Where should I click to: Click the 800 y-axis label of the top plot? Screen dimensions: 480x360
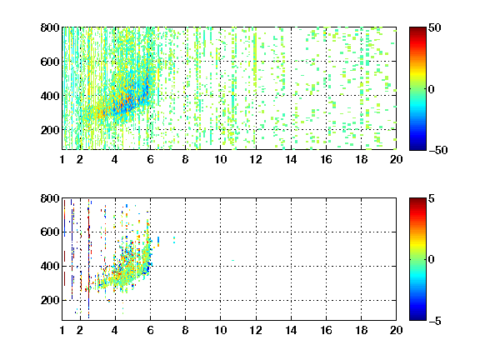(x=50, y=27)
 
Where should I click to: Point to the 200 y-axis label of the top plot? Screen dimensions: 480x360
(x=50, y=130)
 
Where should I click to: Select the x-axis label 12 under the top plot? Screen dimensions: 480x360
(x=256, y=159)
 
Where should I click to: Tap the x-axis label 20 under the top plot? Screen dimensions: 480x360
(x=396, y=159)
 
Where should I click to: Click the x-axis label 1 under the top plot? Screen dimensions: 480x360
(x=62, y=159)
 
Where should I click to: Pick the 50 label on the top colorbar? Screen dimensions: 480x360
(x=435, y=27)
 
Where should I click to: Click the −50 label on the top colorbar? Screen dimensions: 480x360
(x=438, y=150)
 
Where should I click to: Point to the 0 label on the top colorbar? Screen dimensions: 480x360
(x=432, y=89)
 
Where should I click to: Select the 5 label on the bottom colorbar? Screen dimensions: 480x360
(x=432, y=198)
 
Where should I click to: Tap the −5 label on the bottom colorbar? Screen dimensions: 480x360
(x=435, y=321)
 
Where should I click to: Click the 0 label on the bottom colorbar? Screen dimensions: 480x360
(x=432, y=260)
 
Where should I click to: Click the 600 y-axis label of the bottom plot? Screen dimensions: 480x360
(x=50, y=232)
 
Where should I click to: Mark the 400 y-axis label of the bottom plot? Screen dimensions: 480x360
(x=50, y=266)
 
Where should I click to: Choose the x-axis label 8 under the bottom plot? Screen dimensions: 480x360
(x=185, y=330)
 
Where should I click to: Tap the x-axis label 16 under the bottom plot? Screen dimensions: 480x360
(x=326, y=330)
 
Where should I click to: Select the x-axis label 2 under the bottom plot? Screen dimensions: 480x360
(x=80, y=330)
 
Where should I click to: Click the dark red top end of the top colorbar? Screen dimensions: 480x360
(x=417, y=28)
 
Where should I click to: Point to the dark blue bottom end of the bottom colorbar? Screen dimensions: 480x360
(x=417, y=318)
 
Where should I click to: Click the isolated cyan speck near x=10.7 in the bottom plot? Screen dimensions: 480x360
(x=233, y=260)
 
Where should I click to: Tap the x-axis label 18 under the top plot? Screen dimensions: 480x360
(x=361, y=159)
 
